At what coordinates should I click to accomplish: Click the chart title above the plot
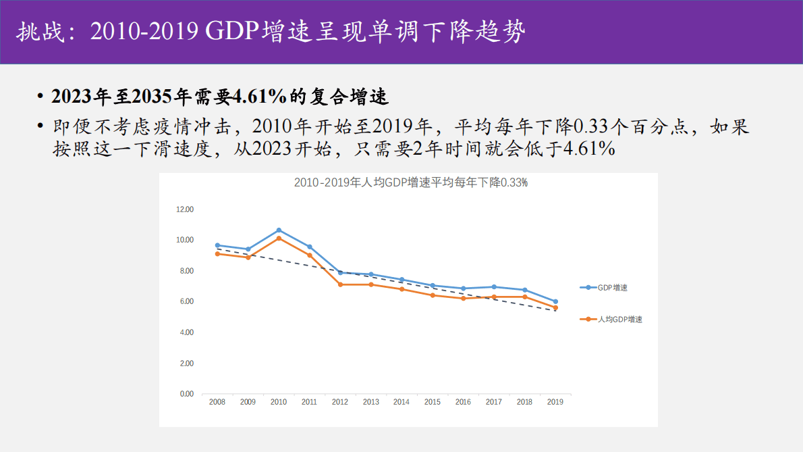click(x=410, y=182)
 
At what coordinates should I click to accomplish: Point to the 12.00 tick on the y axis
click(x=185, y=209)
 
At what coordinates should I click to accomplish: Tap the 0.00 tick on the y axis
click(x=186, y=394)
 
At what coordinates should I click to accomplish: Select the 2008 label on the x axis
click(x=217, y=402)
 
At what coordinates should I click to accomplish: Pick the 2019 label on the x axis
click(x=555, y=402)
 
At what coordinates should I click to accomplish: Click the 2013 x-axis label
click(x=370, y=402)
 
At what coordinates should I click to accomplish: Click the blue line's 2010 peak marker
click(x=279, y=230)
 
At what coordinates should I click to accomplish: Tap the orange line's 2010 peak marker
click(x=279, y=238)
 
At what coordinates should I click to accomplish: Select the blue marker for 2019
click(x=555, y=301)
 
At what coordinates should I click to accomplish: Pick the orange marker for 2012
click(x=340, y=284)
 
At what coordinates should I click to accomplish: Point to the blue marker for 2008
click(x=217, y=245)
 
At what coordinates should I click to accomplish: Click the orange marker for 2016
click(x=463, y=298)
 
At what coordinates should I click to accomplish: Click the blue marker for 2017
click(x=494, y=287)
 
